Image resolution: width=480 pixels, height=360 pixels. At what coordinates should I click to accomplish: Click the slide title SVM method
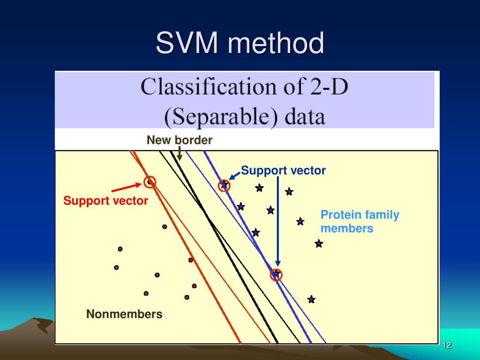[x=240, y=43]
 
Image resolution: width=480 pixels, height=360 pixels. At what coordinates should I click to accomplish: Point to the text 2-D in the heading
[x=328, y=88]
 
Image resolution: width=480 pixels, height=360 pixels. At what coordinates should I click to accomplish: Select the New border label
[x=180, y=140]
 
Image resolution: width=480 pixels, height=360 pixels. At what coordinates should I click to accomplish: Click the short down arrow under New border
[x=179, y=153]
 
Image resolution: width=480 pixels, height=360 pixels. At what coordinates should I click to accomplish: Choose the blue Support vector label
[x=283, y=171]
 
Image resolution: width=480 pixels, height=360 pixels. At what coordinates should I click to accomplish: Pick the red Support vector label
[x=106, y=201]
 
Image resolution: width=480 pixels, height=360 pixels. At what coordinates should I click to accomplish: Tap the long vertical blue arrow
[x=277, y=220]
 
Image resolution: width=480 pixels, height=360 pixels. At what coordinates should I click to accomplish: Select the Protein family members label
[x=360, y=222]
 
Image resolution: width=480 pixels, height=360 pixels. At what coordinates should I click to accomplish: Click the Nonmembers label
[x=124, y=314]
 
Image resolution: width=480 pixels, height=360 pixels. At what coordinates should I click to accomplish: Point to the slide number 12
[x=447, y=345]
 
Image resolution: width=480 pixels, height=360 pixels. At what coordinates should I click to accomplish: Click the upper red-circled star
[x=224, y=186]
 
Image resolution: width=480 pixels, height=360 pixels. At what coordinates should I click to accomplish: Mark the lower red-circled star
[x=276, y=274]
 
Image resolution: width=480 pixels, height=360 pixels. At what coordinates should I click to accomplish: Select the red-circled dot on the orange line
[x=150, y=182]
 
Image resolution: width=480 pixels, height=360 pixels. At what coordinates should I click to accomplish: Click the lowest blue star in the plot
[x=311, y=299]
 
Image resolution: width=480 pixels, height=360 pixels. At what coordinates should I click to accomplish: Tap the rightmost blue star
[x=319, y=243]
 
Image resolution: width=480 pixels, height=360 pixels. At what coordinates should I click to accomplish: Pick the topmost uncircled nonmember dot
[x=165, y=226]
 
